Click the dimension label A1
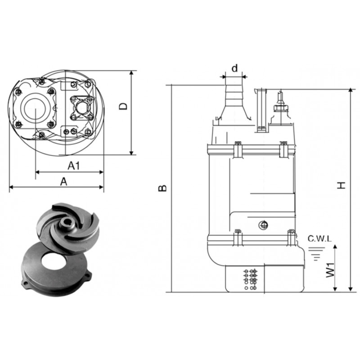[74, 166]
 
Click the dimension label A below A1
[63, 182]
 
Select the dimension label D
[123, 106]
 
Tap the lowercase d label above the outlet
[234, 68]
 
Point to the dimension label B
[162, 188]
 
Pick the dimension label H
[341, 185]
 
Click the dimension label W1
[330, 270]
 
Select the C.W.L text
[319, 239]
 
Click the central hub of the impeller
[67, 223]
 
